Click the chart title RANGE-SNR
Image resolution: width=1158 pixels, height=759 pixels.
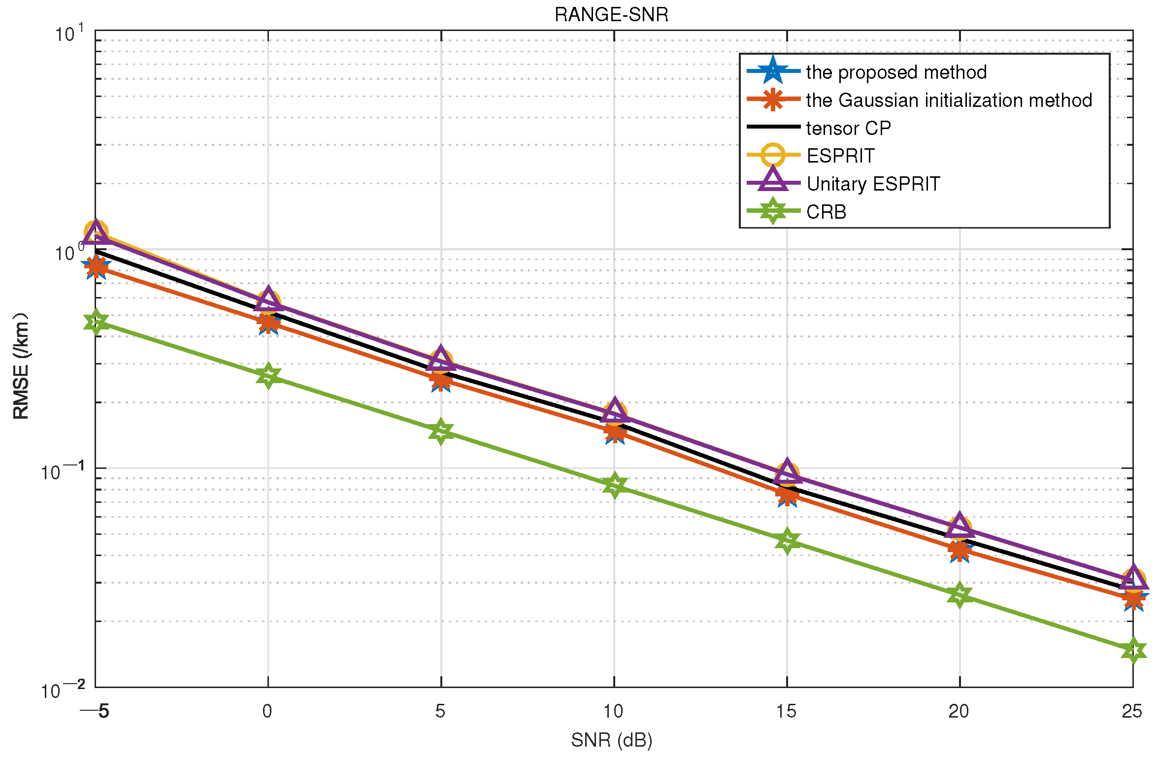pyautogui.click(x=611, y=15)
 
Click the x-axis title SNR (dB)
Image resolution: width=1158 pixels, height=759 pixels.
pyautogui.click(x=611, y=740)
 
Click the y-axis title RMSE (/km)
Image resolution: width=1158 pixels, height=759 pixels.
pyautogui.click(x=21, y=365)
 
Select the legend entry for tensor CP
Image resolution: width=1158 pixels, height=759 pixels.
pyautogui.click(x=848, y=128)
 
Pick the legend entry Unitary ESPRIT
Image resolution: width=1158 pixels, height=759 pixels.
pyautogui.click(x=873, y=184)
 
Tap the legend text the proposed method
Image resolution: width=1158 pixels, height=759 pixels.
pyautogui.click(x=896, y=72)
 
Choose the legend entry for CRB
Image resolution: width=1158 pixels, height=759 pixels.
pyautogui.click(x=826, y=212)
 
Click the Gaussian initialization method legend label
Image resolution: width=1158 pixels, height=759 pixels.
pyautogui.click(x=949, y=100)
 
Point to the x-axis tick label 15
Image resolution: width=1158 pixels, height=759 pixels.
pyautogui.click(x=786, y=711)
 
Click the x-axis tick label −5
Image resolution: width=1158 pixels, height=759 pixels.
pyautogui.click(x=95, y=711)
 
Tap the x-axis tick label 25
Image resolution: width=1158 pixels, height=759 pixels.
pyautogui.click(x=1132, y=711)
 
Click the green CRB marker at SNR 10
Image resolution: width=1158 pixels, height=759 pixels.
pyautogui.click(x=614, y=486)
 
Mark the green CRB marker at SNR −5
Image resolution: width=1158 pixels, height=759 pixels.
pyautogui.click(x=96, y=322)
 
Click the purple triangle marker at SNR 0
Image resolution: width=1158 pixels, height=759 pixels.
pyautogui.click(x=268, y=298)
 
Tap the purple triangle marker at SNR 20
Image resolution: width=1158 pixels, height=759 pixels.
pyautogui.click(x=960, y=525)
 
